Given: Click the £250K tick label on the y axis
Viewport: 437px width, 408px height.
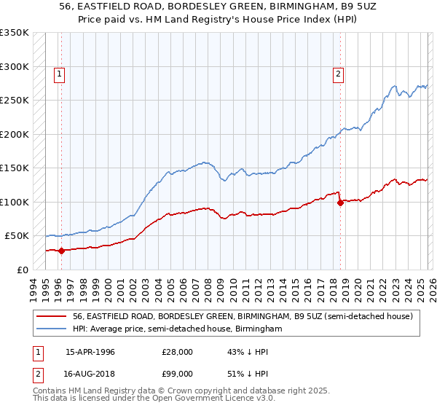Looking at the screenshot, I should (15, 101).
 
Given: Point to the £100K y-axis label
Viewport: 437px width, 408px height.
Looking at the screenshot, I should (15, 202).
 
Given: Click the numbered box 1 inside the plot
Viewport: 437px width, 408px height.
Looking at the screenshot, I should (59, 73).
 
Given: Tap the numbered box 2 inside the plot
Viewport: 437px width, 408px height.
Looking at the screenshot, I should (339, 73).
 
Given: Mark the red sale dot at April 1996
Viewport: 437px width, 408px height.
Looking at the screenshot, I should (61, 251).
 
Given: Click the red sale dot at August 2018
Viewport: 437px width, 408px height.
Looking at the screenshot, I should (340, 203).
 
